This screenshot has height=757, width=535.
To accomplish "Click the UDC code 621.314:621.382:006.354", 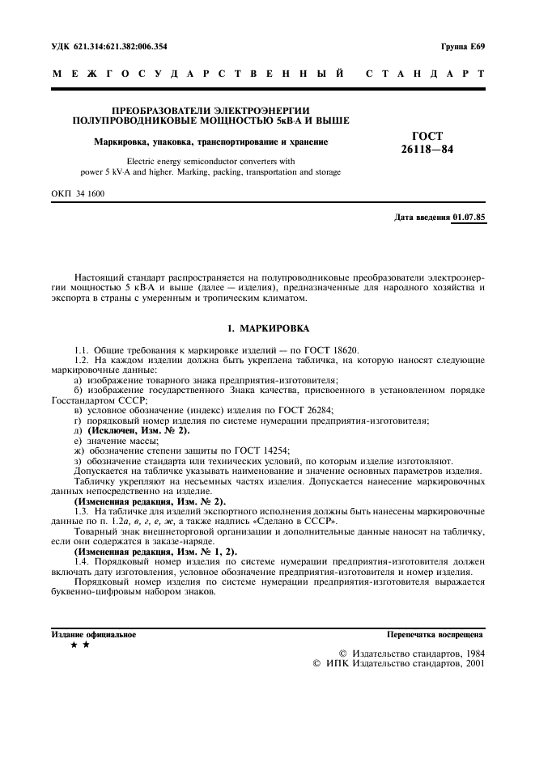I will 120,47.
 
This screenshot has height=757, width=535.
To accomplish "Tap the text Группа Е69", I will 463,47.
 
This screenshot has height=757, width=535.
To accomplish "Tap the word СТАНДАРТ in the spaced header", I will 426,74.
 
